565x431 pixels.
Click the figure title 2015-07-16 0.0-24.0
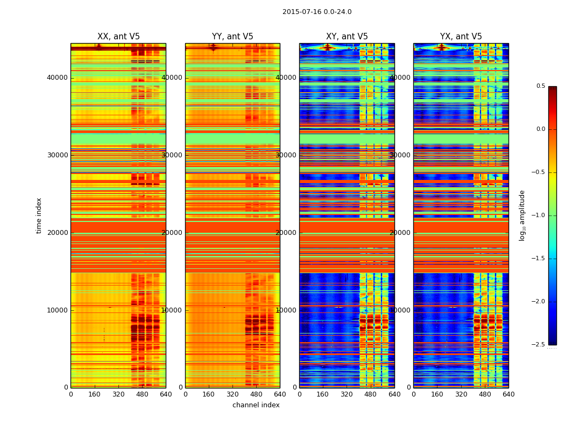[x=317, y=12]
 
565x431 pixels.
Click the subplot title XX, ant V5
[x=118, y=37]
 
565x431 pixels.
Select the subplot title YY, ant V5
[x=232, y=37]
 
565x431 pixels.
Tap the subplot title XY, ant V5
[x=347, y=37]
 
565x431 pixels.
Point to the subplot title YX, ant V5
[x=461, y=37]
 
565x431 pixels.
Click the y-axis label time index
[x=39, y=215]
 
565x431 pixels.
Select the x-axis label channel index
[x=256, y=405]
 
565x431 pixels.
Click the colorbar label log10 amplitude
[x=522, y=215]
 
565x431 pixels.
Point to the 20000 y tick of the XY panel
[x=287, y=233]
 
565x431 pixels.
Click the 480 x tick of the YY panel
[x=256, y=394]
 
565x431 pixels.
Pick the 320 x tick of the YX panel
[x=461, y=394]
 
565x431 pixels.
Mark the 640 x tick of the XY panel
[x=394, y=394]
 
